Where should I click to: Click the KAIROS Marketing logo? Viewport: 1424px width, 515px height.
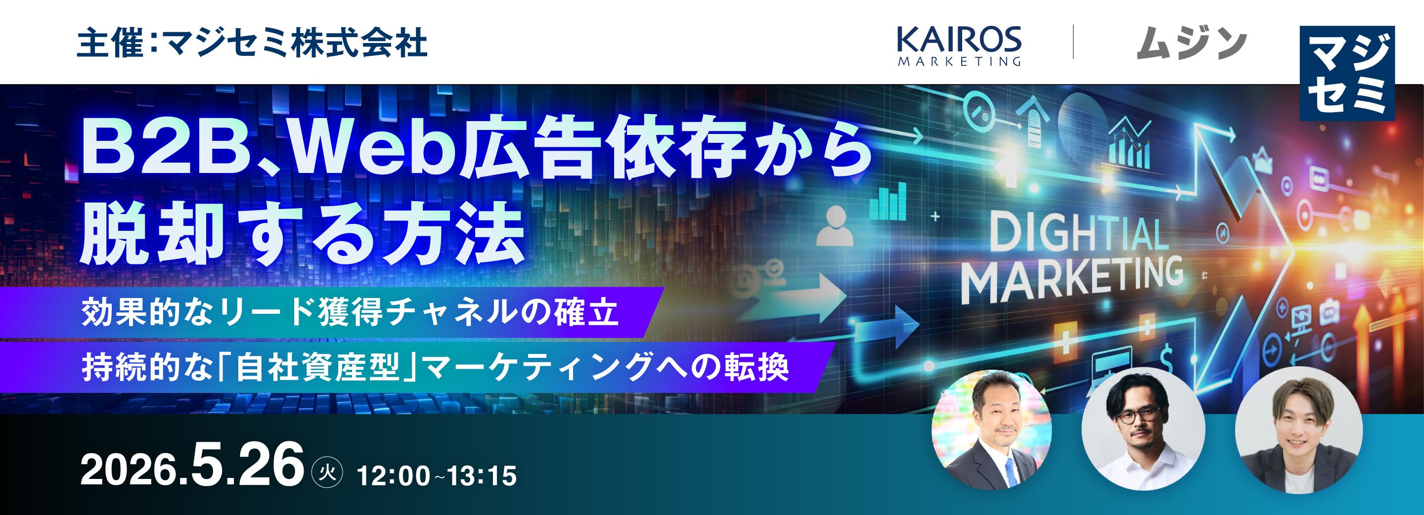click(959, 46)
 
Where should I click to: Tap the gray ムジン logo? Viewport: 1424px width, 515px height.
click(1192, 43)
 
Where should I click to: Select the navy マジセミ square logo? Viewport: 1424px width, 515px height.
click(1347, 73)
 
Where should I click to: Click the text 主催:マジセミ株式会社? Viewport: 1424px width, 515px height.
click(252, 43)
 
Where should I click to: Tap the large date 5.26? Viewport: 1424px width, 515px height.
click(247, 465)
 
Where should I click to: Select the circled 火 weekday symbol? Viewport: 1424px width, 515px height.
click(327, 472)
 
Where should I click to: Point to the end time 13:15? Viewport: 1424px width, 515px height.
click(482, 476)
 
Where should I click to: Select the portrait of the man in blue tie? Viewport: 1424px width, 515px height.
click(992, 429)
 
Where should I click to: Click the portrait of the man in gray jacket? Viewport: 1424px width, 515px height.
click(1298, 430)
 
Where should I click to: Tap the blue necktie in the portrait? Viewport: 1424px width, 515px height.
click(1010, 472)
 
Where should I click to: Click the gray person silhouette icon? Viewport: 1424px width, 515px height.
click(835, 226)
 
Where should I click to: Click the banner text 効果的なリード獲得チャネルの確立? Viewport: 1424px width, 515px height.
click(350, 312)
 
